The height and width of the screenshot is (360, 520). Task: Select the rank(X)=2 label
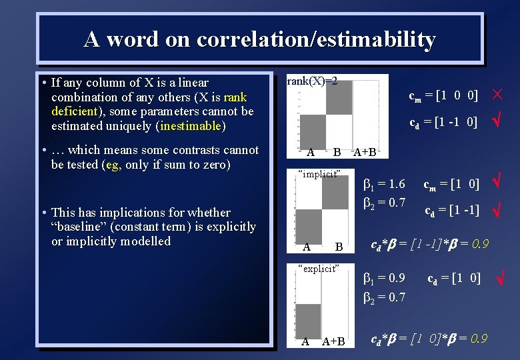(312, 81)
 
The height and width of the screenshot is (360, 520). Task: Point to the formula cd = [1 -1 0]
(443, 122)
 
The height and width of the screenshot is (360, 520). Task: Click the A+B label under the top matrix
(365, 152)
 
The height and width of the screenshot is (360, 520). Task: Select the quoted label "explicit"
(319, 269)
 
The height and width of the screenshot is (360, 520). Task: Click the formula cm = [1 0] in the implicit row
(451, 183)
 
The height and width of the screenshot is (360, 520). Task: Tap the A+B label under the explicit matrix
(333, 342)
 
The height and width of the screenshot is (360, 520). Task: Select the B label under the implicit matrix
(339, 247)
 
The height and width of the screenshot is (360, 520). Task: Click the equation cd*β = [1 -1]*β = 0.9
(429, 245)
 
